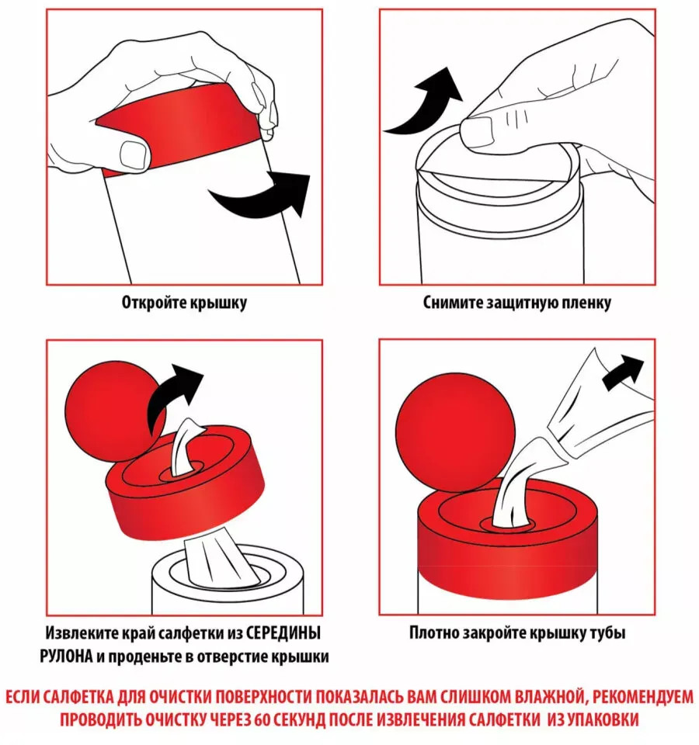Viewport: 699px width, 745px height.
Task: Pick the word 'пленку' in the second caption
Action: point(586,303)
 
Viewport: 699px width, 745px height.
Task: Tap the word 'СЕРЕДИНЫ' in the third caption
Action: point(283,633)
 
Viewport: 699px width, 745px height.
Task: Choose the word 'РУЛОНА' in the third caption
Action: point(66,657)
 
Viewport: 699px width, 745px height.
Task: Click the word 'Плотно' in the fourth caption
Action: point(433,633)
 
